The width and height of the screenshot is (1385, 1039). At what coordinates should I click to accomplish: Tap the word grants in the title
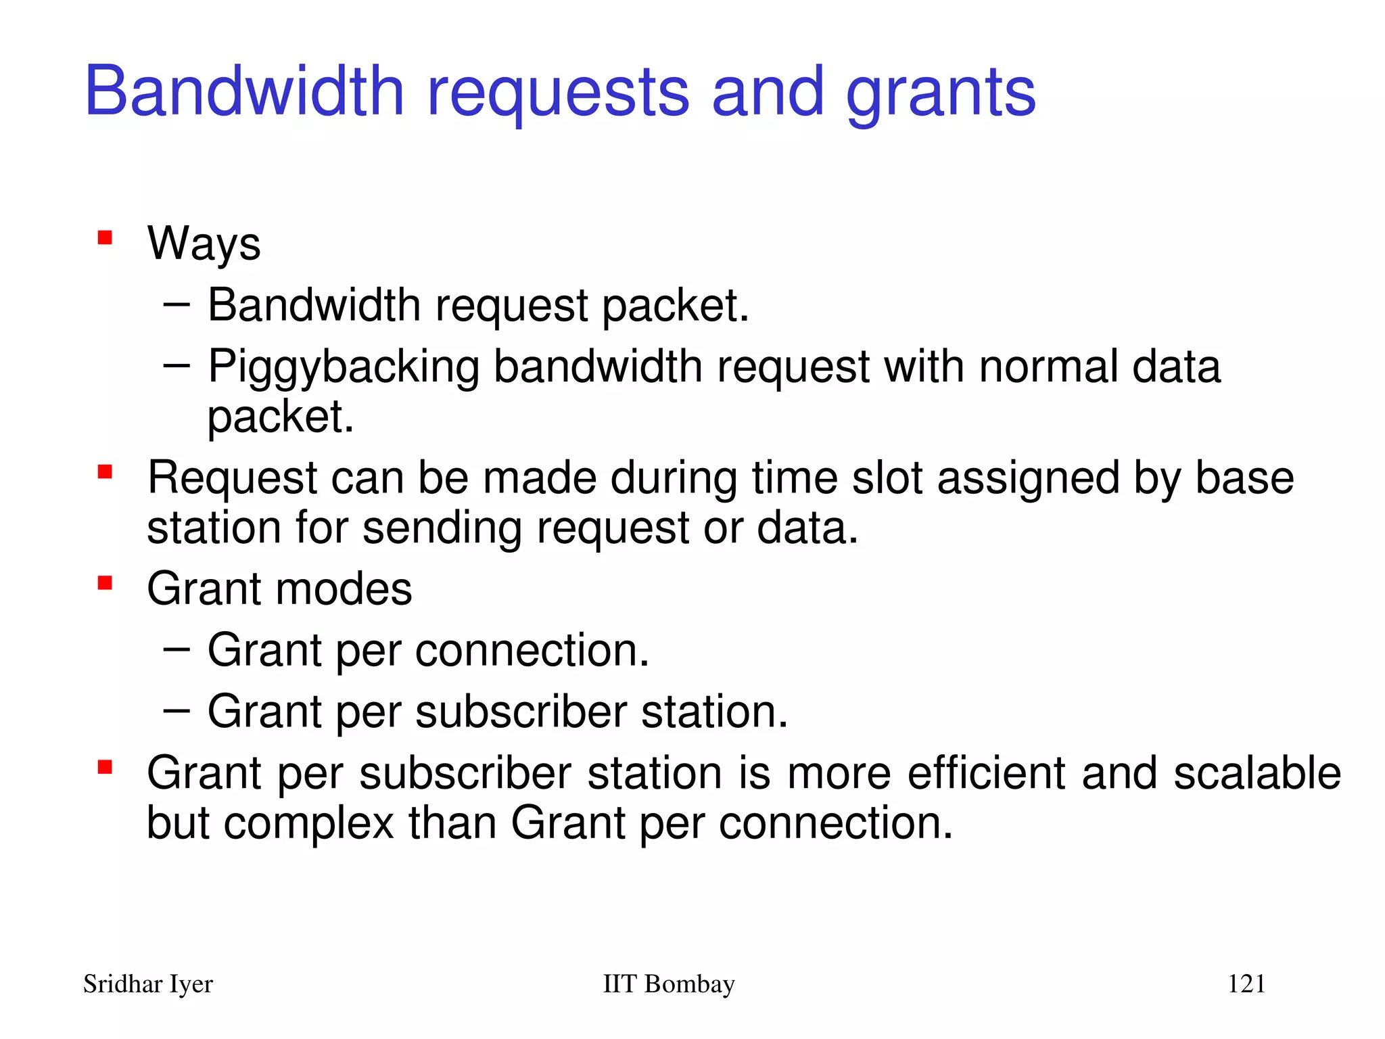click(x=941, y=95)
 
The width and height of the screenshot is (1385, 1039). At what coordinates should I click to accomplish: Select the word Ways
click(x=204, y=244)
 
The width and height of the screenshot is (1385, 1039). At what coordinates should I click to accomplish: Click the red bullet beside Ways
click(x=105, y=237)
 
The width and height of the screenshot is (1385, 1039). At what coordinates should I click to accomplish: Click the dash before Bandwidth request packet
click(x=177, y=304)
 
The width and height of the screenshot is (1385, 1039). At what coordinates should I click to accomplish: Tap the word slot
click(x=887, y=478)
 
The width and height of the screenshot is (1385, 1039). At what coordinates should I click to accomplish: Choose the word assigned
click(x=1028, y=479)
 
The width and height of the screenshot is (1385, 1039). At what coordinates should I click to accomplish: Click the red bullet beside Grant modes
click(x=105, y=582)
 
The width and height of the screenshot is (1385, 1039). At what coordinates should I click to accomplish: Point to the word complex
click(x=308, y=824)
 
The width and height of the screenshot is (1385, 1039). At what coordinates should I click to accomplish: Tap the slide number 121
click(x=1246, y=984)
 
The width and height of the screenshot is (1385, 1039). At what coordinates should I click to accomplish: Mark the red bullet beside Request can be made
click(x=105, y=471)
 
